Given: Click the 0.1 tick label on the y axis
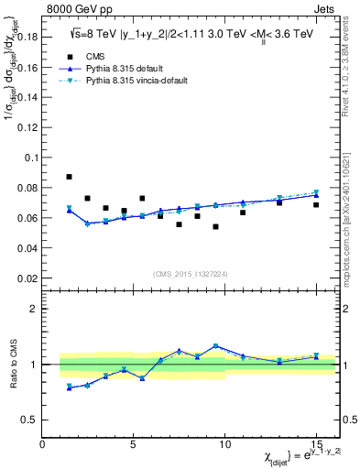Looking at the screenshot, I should pos(30,158).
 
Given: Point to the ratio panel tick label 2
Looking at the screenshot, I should pos(33,309).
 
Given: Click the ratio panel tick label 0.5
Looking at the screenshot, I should pos(29,420).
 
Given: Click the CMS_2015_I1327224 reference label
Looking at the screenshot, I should pos(190,273).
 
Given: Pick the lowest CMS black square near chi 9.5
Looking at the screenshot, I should pos(215,226).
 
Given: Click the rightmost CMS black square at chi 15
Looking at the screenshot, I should pos(316,204).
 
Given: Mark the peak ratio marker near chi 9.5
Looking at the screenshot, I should pos(215,346).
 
